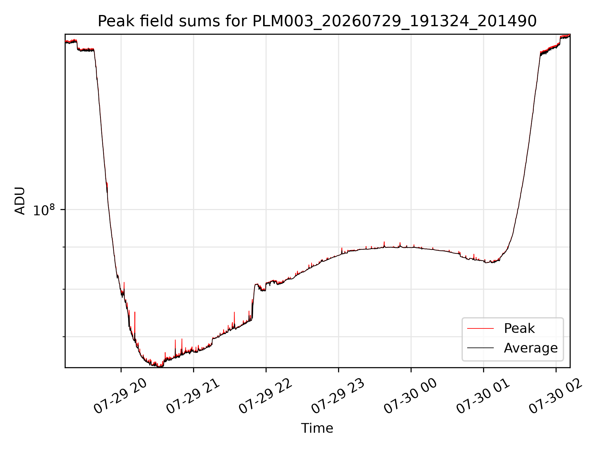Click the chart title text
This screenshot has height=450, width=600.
click(x=317, y=21)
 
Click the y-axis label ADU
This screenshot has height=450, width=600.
click(x=20, y=201)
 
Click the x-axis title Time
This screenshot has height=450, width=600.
click(x=317, y=428)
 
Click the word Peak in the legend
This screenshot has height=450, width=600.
click(x=519, y=328)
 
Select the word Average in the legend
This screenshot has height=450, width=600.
click(x=531, y=348)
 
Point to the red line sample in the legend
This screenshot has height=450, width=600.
click(x=480, y=328)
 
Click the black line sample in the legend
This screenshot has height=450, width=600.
click(x=480, y=348)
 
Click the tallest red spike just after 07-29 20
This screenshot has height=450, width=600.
click(x=135, y=312)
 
